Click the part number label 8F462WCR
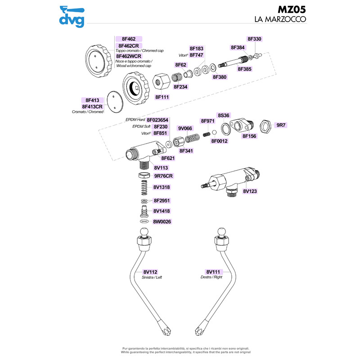click(129, 56)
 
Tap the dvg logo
click(72, 17)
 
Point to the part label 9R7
click(281, 125)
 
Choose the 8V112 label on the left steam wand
click(150, 272)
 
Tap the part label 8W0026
click(162, 222)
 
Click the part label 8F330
click(254, 39)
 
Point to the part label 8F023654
click(157, 120)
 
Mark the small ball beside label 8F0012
click(215, 133)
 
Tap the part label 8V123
click(250, 191)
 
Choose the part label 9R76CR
click(163, 175)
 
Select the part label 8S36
click(224, 115)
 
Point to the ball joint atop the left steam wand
click(144, 233)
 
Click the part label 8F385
click(244, 69)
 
